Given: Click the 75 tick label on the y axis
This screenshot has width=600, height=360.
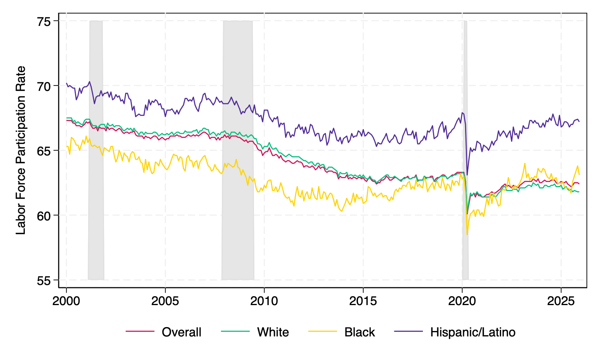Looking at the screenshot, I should point(45,21).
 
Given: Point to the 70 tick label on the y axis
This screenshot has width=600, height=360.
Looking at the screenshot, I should point(45,86).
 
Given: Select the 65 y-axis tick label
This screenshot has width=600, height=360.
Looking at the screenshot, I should point(45,150).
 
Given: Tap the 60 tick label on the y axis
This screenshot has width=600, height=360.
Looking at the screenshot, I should point(45,215).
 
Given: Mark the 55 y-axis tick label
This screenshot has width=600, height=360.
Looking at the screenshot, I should point(45,280).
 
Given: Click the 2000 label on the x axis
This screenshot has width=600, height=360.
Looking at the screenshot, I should point(66,301).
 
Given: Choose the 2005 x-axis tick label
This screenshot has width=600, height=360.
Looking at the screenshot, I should point(165,301).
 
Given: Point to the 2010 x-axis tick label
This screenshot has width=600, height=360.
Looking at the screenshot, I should point(264,301).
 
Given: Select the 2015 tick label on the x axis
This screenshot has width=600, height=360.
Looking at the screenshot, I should point(363,301).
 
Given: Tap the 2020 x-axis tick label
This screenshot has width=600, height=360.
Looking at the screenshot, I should point(462,301).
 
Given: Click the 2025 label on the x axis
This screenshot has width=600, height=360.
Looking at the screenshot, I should point(561,301).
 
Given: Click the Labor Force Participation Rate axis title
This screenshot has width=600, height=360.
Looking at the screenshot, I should point(21,150).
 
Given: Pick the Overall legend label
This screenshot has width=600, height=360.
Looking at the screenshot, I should point(181,332).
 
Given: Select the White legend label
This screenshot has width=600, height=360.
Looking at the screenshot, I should point(273,332).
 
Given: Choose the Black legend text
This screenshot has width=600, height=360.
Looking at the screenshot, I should point(360,332).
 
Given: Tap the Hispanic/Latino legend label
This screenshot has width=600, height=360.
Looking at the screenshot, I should point(472,332).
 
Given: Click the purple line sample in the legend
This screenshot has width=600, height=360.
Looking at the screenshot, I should point(408,331).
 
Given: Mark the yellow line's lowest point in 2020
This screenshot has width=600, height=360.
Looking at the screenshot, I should point(467,234).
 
